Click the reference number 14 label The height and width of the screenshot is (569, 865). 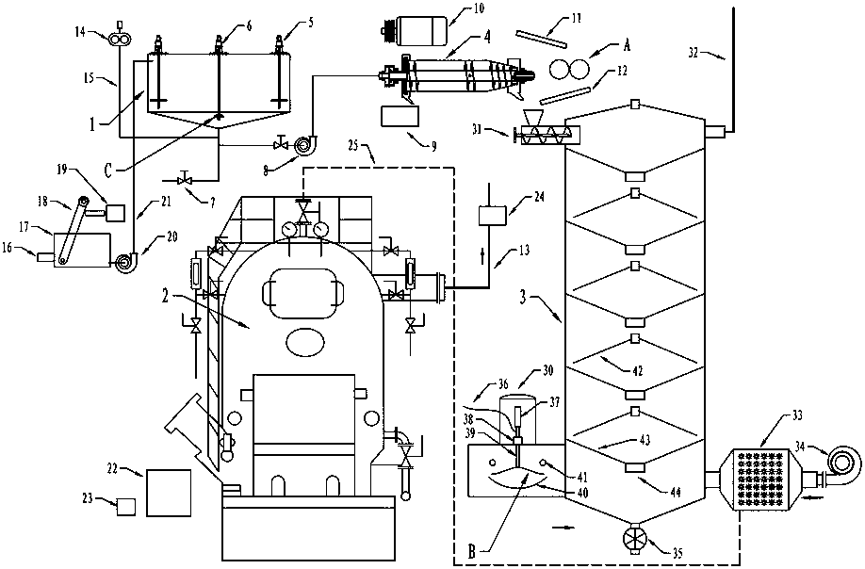(80, 31)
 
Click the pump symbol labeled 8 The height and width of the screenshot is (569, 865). (303, 146)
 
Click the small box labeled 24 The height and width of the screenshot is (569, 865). (493, 215)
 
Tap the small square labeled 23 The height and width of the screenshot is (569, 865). (126, 507)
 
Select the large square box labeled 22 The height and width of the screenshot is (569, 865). (169, 493)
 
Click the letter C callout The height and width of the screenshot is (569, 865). (107, 171)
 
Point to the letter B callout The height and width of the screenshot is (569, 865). (471, 552)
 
